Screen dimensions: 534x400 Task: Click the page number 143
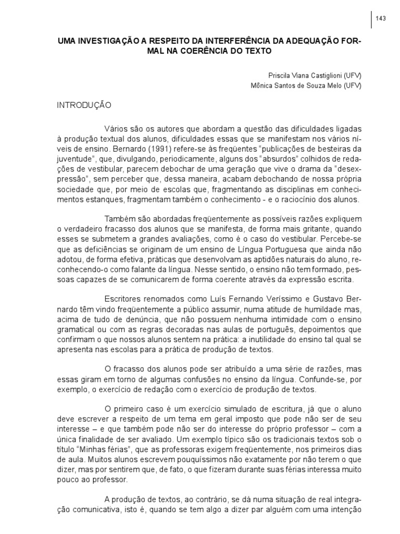380,19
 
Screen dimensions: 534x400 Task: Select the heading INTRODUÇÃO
84,105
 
